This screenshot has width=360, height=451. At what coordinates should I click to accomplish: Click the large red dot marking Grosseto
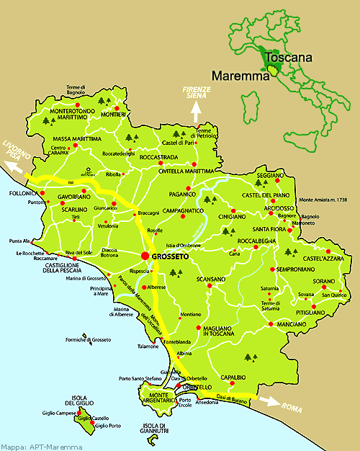tap(145, 256)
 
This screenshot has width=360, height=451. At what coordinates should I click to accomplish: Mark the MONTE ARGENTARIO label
tap(147, 398)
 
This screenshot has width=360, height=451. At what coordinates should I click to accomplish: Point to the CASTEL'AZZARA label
tap(324, 257)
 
